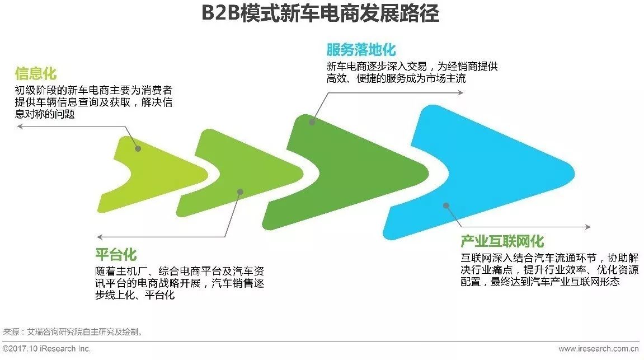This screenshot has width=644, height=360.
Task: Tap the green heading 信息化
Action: coord(36,74)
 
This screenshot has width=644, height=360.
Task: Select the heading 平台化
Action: coord(116,255)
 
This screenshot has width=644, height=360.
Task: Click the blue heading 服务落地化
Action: coord(361,50)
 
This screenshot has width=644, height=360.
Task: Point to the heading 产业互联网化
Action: coord(502,242)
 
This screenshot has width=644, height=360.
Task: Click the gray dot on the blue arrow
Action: coord(446,205)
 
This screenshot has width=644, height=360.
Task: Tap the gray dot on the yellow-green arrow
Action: coord(138,148)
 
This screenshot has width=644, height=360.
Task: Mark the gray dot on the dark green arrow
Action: coord(312,121)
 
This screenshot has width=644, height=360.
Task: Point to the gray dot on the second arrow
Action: coord(240,191)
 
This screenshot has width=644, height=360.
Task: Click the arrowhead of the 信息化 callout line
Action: coord(19,126)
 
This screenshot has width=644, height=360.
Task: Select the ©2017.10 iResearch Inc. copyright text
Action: coord(47,349)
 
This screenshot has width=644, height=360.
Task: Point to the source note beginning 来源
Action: coord(73,331)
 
